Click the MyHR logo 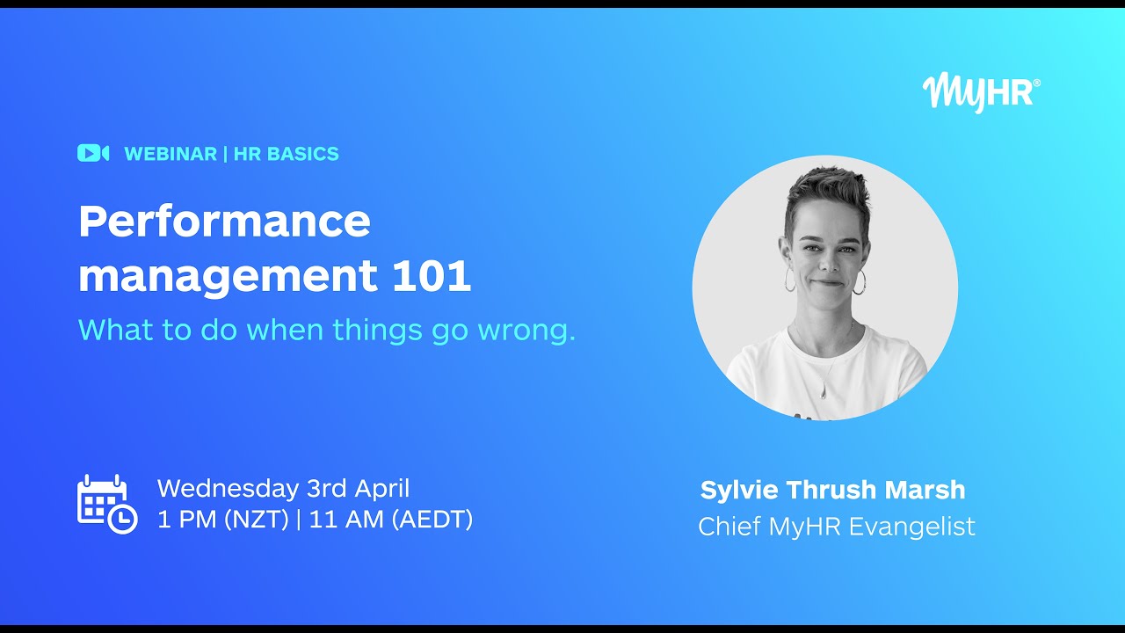[x=981, y=92]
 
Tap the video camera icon [x=92, y=153]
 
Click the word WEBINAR [x=171, y=154]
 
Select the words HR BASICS [x=286, y=154]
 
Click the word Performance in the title [x=224, y=222]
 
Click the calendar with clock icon [x=106, y=504]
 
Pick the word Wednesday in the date [x=228, y=489]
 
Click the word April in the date [x=382, y=489]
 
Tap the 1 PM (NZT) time [x=223, y=520]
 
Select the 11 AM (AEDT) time [x=391, y=520]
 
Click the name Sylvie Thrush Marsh [x=832, y=490]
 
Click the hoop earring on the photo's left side [x=789, y=280]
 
